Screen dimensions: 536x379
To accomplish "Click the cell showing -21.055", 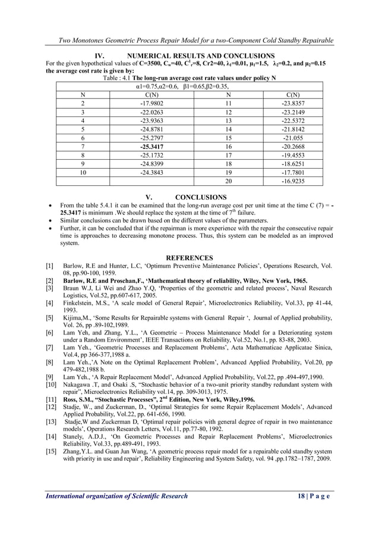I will click(x=292, y=136).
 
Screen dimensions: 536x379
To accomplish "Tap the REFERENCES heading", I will click(x=190, y=257).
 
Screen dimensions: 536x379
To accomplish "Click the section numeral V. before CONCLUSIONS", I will click(x=149, y=197).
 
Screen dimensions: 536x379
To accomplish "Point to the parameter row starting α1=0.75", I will click(x=190, y=86).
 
